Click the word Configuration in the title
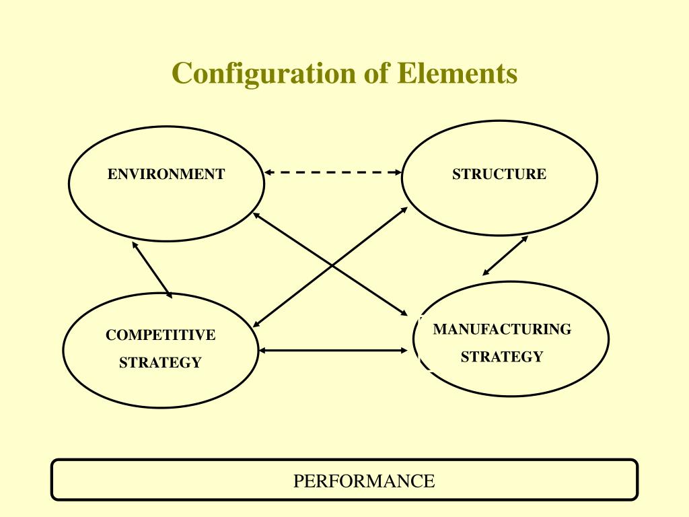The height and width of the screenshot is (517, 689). point(263,74)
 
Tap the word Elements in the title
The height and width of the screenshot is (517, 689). point(458,73)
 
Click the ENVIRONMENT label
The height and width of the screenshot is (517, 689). point(166,174)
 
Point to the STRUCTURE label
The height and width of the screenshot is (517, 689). point(499,174)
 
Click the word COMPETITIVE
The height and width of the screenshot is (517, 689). point(160,335)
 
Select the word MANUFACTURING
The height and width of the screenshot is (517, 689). point(502,329)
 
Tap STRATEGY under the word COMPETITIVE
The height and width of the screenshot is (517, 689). point(160,363)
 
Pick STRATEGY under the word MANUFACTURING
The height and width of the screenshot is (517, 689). point(502,357)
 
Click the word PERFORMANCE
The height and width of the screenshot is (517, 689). point(364,481)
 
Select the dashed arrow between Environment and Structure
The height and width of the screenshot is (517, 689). point(333,172)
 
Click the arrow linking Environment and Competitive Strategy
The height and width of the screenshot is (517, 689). point(152,270)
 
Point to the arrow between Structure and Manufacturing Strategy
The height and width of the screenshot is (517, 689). point(505,256)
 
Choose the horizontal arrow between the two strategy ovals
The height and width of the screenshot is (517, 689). point(333,350)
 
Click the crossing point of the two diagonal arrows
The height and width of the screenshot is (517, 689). point(332,266)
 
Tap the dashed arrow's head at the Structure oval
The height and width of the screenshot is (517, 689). point(398,172)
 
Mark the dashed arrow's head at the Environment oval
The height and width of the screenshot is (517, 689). point(268,172)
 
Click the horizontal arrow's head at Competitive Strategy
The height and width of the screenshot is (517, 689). point(262,350)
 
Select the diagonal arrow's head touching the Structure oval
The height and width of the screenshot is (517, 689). point(404,210)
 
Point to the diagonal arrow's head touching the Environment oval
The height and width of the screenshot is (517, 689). point(256,215)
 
